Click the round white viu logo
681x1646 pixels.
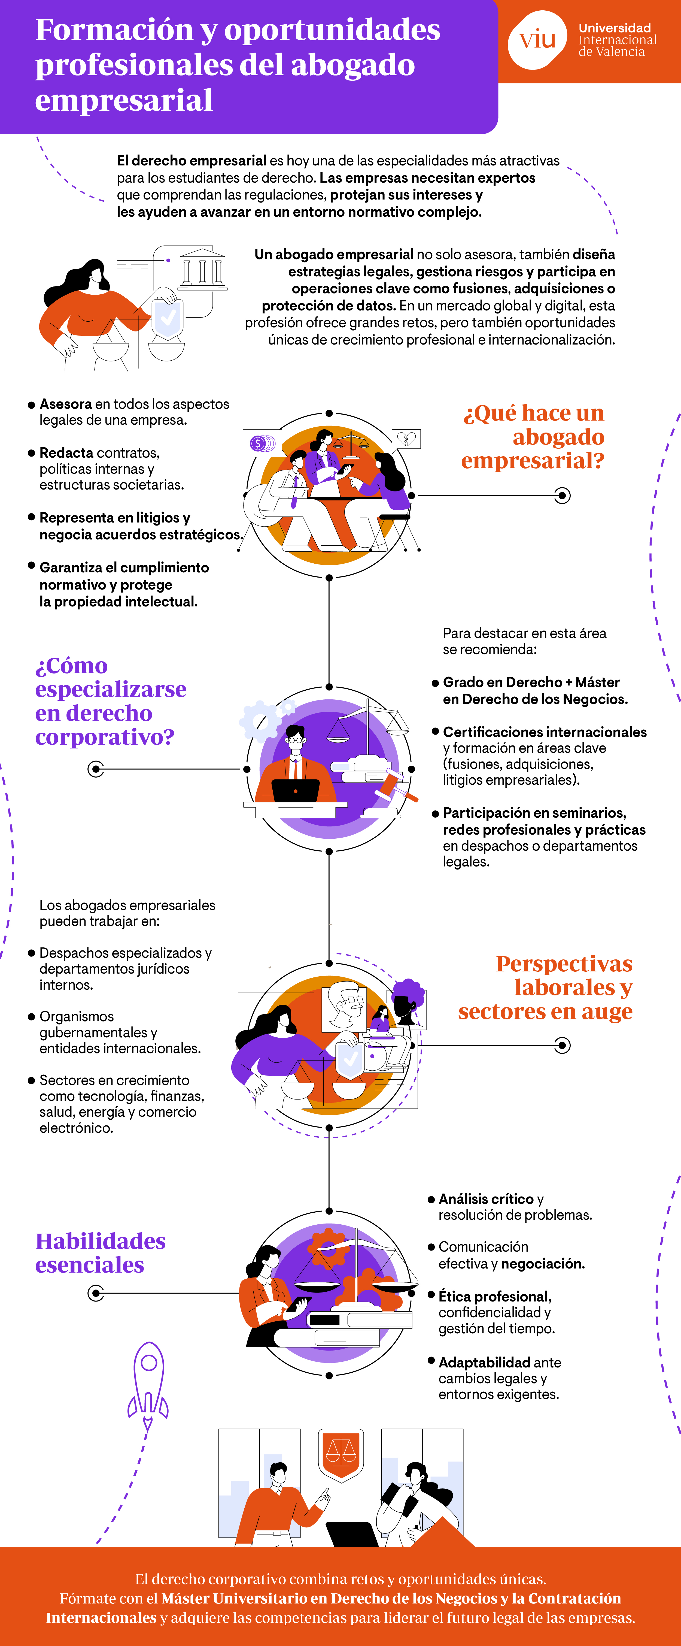(x=537, y=40)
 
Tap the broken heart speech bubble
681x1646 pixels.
(x=406, y=439)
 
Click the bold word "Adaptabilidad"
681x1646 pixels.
(x=484, y=1362)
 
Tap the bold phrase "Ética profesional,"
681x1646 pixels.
(x=494, y=1296)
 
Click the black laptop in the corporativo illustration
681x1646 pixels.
(x=295, y=790)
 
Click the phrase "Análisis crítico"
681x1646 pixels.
(x=485, y=1199)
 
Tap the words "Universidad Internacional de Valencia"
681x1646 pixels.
(x=617, y=40)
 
